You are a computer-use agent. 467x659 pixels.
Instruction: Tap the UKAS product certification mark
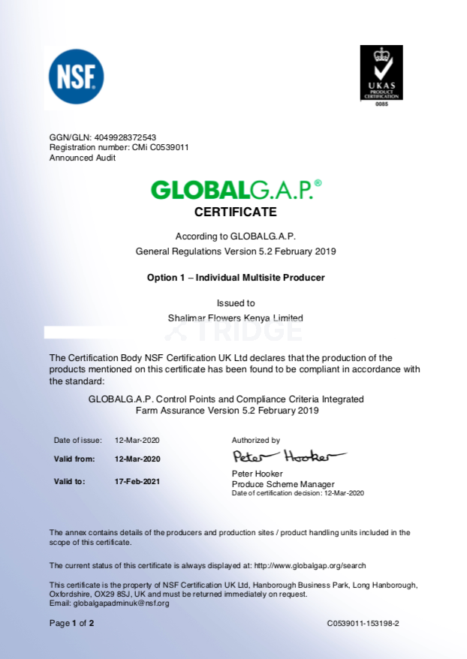[x=381, y=74]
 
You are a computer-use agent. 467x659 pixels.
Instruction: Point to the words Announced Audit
[x=83, y=158]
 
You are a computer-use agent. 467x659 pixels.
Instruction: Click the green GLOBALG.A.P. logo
[x=236, y=190]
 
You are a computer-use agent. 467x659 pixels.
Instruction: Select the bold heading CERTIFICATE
[x=235, y=212]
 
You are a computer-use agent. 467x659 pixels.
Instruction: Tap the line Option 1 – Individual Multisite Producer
[x=235, y=278]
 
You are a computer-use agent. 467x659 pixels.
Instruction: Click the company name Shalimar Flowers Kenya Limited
[x=235, y=317]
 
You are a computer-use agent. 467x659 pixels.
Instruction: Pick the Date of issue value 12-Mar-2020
[x=137, y=441]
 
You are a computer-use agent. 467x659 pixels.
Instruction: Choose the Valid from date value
[x=137, y=459]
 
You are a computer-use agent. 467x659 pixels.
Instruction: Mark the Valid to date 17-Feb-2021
[x=137, y=481]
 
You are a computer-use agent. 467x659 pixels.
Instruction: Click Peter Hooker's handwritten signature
[x=288, y=456]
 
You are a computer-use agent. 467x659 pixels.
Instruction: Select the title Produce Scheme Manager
[x=283, y=484]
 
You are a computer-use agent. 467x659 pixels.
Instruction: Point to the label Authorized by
[x=255, y=441]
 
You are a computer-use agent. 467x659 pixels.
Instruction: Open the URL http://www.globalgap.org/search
[x=310, y=565]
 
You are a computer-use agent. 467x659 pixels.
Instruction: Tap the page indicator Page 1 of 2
[x=71, y=623]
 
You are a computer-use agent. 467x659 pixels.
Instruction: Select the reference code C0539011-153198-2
[x=363, y=624]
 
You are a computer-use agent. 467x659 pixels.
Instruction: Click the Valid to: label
[x=70, y=481]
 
